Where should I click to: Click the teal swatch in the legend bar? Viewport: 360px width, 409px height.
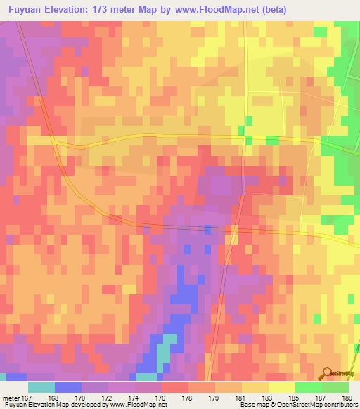coord(41,387)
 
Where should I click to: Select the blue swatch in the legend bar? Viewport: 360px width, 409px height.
coord(67,387)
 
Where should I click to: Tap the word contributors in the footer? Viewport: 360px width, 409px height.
coord(335,405)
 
